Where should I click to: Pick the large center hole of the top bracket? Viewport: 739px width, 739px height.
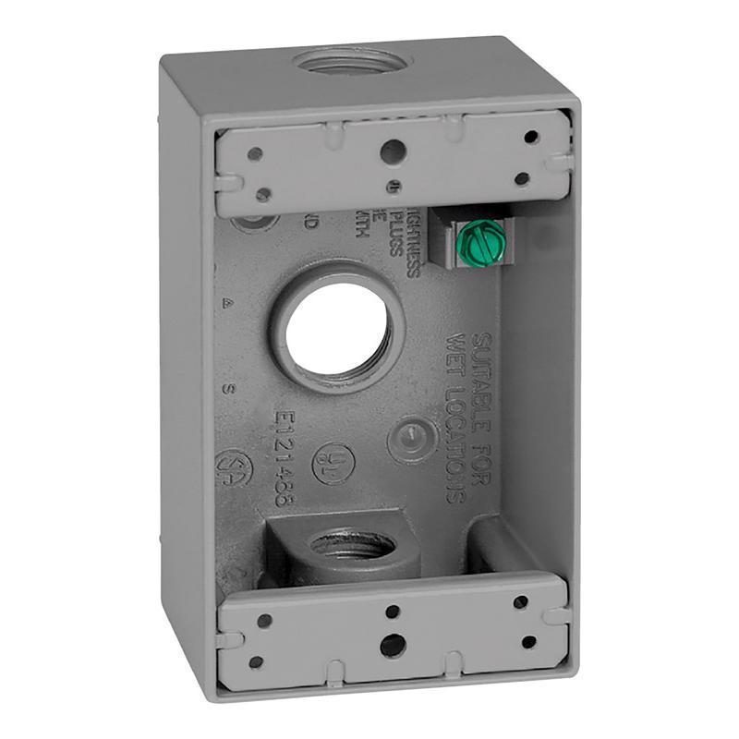393,151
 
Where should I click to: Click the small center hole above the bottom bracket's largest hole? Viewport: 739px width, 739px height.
393,612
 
